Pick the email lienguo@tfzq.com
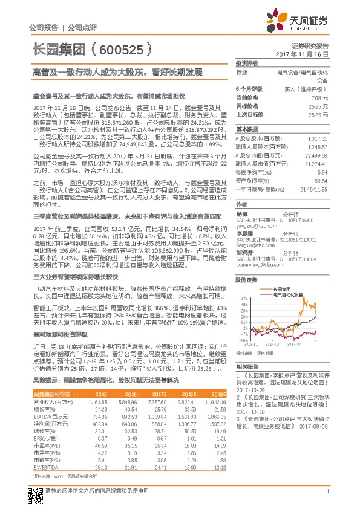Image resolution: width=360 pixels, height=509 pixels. [253, 247]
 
